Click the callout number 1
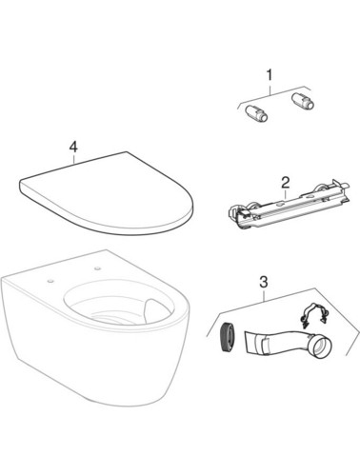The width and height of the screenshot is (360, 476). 270,75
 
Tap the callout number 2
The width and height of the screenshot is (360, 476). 286,183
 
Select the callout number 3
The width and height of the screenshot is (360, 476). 264,282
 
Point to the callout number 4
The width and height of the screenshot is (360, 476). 73,148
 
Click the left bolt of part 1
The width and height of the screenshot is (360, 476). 256,113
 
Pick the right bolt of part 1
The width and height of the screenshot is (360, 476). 302,101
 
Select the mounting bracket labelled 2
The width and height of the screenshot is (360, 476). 288,205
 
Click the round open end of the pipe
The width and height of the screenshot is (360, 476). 321,348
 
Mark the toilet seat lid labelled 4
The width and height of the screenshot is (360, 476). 106,194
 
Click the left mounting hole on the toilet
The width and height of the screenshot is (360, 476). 50,281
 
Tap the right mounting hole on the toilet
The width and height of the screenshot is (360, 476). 97,268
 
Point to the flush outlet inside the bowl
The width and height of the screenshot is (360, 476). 150,310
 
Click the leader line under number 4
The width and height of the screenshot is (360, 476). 73,158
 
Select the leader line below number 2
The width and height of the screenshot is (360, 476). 286,194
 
